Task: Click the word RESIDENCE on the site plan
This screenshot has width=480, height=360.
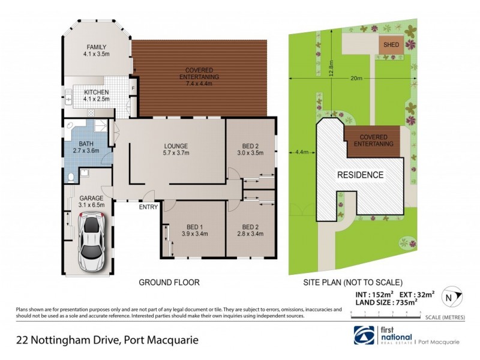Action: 360,175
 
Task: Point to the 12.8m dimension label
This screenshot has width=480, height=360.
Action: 331,62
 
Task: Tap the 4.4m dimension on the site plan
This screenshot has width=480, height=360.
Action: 302,152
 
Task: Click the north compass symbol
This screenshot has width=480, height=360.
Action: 448,296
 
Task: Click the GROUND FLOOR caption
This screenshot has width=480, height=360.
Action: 169,282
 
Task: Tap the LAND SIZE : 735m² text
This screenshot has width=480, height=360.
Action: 384,303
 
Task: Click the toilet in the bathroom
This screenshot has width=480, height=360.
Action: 71,177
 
